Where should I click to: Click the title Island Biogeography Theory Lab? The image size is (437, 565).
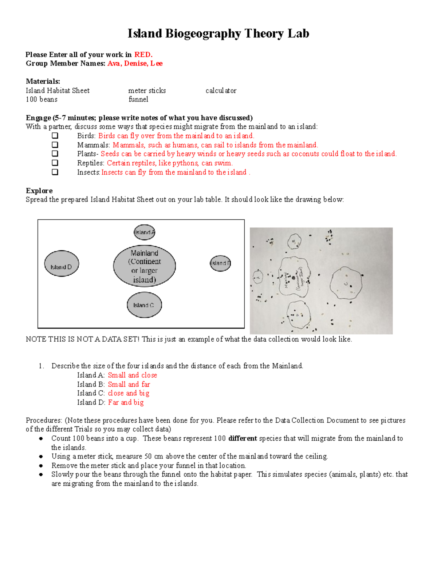pos(218,33)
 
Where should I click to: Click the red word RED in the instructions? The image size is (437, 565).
pos(143,55)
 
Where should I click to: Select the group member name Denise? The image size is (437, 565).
pos(135,63)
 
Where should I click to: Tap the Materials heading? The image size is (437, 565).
pos(43,81)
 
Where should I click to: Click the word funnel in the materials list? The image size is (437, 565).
pos(138,99)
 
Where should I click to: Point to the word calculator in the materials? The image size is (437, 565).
pos(221,91)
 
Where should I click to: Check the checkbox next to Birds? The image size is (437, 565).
pos(55,136)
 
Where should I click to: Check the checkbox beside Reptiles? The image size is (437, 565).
pos(55,163)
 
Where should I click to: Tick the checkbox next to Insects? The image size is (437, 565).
pos(55,172)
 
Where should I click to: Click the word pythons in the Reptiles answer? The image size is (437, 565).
pos(185,163)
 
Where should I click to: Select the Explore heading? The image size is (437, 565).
pos(39,191)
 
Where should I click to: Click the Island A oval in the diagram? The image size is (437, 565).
pos(145,232)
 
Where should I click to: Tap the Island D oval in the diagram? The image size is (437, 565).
pos(61,264)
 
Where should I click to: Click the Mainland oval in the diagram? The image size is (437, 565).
pos(145,266)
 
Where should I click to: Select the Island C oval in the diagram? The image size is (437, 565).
pos(144,305)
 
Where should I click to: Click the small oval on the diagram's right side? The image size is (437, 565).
pos(220,263)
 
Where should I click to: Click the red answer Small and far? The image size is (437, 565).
pos(129,384)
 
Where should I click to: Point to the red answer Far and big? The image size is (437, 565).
pos(126,402)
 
